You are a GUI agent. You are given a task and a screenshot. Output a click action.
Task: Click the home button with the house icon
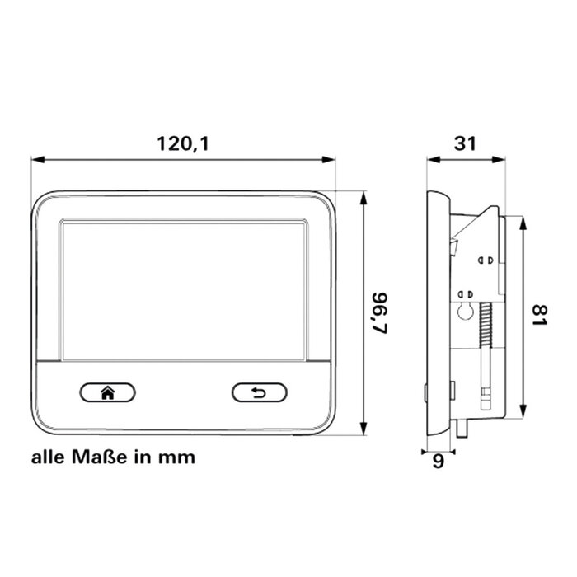click(107, 392)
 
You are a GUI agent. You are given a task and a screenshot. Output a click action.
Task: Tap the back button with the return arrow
click(260, 392)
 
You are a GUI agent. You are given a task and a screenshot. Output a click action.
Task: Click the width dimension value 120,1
click(184, 143)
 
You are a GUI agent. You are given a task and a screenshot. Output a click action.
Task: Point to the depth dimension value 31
click(466, 143)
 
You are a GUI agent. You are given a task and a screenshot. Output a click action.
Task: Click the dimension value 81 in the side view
click(540, 317)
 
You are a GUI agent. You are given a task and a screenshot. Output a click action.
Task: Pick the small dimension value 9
click(438, 462)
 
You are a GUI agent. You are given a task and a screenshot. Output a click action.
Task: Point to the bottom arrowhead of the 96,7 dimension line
click(364, 429)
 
